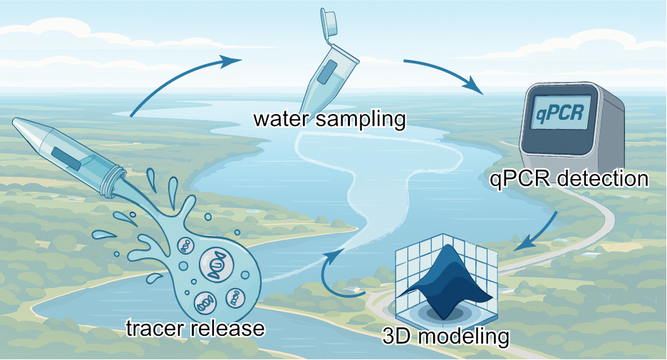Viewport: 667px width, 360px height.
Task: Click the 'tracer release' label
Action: (195, 329)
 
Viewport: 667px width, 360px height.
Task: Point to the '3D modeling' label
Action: (456, 335)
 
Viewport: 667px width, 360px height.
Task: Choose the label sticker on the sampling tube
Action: (329, 71)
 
